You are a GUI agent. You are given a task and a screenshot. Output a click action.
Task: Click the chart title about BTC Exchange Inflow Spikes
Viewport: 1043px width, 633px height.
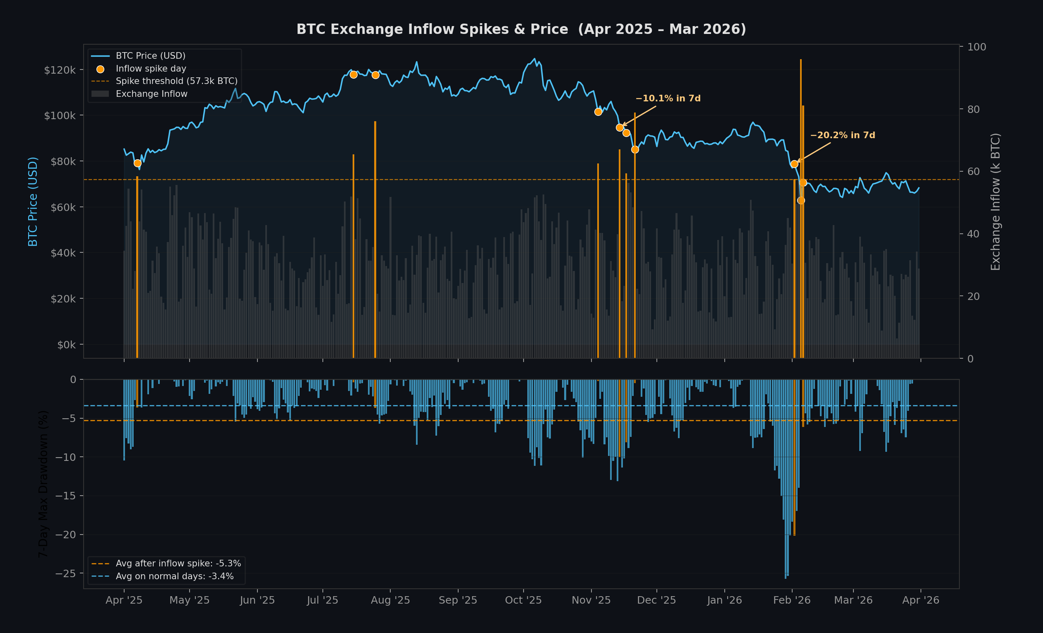coord(521,29)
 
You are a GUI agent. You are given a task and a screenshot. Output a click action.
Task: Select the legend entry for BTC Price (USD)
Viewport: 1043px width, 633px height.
coord(150,56)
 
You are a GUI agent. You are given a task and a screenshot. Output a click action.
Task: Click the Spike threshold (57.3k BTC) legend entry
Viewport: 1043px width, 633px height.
coord(176,81)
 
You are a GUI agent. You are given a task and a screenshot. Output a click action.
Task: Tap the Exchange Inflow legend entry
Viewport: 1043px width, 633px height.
coord(151,94)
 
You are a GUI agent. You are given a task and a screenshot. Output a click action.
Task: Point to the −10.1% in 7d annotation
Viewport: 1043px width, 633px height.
coord(668,98)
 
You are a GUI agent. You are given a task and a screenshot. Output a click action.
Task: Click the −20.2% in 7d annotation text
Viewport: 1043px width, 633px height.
coord(842,135)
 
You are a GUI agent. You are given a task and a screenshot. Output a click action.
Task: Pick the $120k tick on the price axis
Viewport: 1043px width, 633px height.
coord(60,70)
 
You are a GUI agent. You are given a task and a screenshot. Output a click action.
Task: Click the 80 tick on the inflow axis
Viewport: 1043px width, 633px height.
coord(973,109)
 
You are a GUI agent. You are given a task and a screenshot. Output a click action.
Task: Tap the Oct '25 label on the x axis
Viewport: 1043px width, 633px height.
coord(523,600)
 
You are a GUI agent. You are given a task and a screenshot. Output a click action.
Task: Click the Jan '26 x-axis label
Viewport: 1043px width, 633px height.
coord(724,600)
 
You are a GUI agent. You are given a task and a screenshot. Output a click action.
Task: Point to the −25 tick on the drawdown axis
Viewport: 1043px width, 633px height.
coord(66,573)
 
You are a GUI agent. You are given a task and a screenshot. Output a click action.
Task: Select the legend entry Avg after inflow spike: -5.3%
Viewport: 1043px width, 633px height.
coord(178,563)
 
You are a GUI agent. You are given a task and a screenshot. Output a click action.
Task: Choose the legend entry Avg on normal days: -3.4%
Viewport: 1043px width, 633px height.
coord(174,576)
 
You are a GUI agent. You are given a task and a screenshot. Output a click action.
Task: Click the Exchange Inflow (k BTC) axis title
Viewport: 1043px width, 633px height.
coord(995,201)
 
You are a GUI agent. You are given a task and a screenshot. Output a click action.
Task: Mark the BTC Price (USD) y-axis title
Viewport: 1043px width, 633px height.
coord(33,201)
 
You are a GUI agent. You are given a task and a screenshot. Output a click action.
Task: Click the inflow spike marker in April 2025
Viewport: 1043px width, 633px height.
coord(137,163)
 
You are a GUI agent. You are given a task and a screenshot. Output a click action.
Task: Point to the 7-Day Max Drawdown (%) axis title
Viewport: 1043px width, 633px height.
coord(43,484)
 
